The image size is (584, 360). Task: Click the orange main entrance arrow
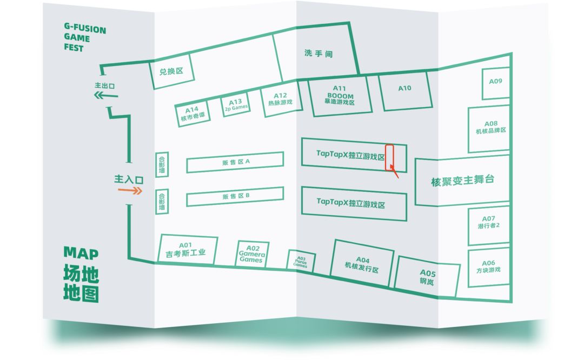tap(134, 191)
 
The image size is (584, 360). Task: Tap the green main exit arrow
tap(106, 96)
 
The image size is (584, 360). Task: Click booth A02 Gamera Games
tap(252, 254)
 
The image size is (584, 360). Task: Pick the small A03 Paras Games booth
tap(300, 262)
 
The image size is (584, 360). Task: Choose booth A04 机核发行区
tap(362, 263)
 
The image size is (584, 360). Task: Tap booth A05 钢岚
tap(427, 277)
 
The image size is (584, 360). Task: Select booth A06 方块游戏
tap(489, 266)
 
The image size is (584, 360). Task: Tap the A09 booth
tap(495, 83)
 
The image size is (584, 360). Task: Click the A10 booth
tap(404, 90)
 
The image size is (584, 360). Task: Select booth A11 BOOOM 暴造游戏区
tap(339, 95)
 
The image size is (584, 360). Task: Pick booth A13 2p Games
tap(236, 104)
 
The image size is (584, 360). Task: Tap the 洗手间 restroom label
tap(318, 54)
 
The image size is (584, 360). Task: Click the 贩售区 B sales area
tap(235, 197)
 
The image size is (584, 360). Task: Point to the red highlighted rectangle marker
tap(389, 157)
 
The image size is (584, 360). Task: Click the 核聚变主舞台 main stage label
tap(462, 181)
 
